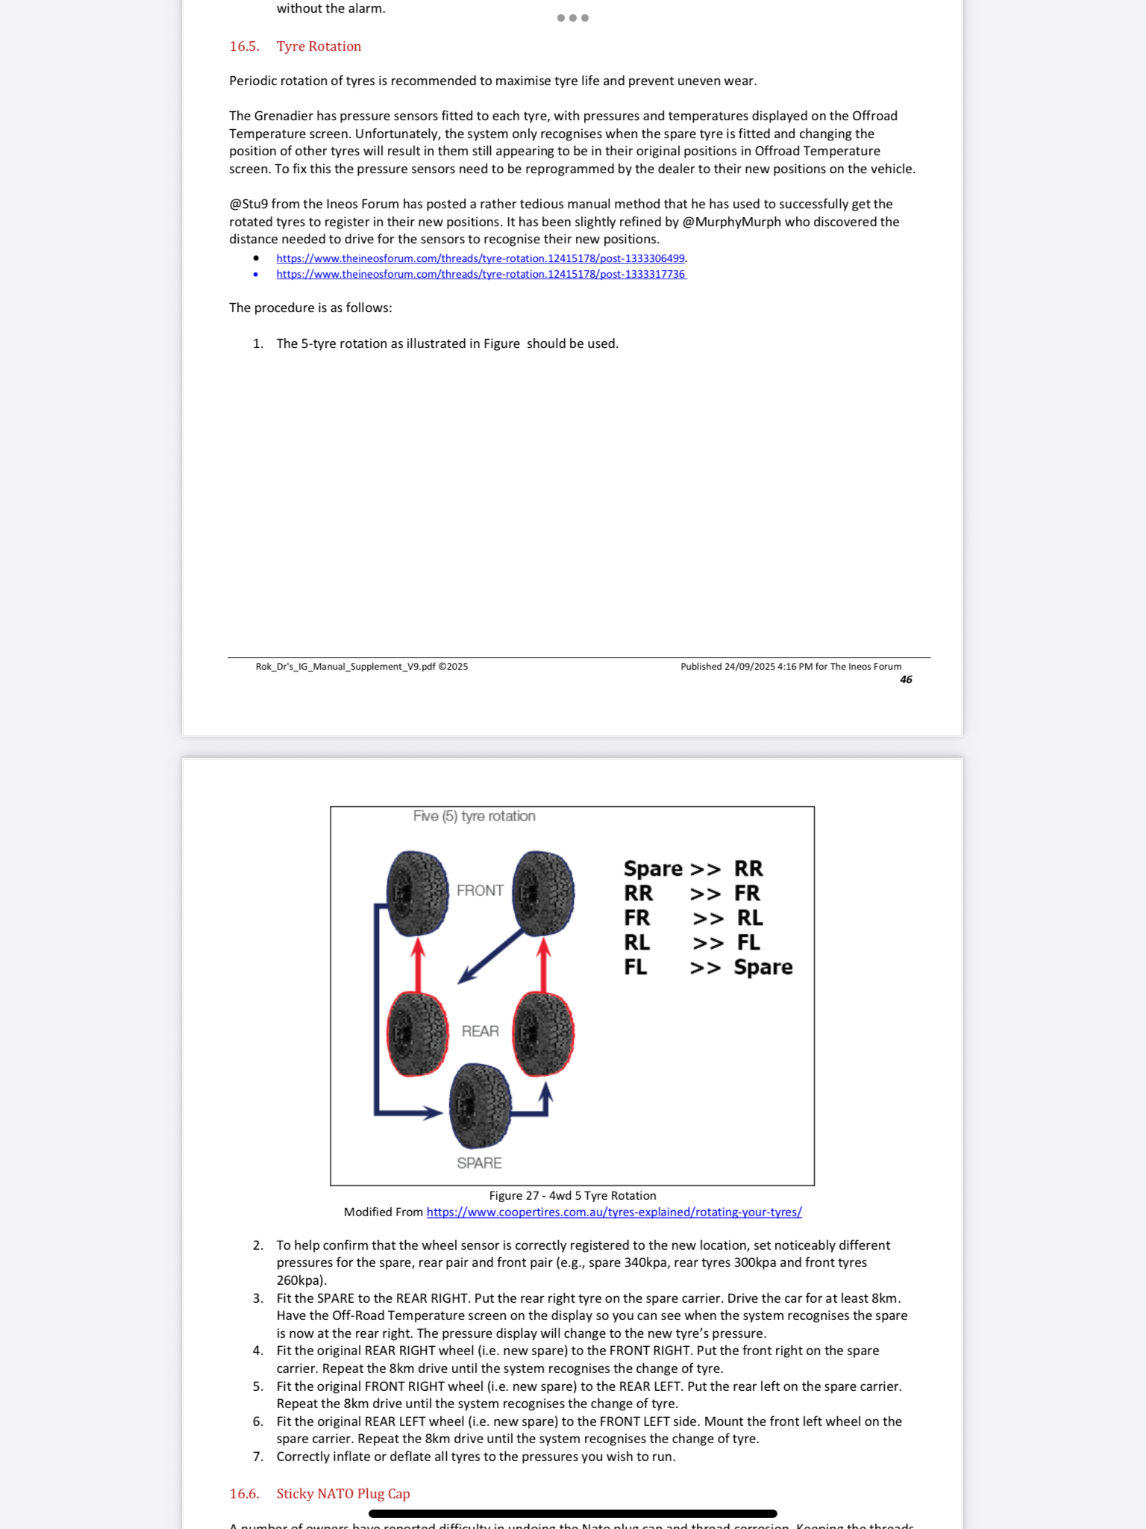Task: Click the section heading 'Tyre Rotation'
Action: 319,46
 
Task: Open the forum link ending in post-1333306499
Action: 480,258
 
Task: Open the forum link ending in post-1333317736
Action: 480,275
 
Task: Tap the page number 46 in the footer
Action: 906,679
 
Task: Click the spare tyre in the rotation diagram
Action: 480,1106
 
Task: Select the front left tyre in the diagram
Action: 417,893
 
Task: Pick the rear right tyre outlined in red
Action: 543,1034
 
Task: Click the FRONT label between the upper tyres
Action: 480,891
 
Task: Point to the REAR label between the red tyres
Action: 480,1031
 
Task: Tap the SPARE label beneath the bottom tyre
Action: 479,1163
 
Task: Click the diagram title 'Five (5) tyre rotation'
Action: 474,816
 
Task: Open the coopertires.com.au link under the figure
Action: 613,1212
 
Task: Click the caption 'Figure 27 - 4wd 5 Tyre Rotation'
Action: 572,1195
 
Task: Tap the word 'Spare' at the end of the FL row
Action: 763,967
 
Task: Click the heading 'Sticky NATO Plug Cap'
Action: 343,1493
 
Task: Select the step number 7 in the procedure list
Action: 257,1457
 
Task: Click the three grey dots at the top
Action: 572,18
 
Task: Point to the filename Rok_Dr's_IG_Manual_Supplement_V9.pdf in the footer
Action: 345,667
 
